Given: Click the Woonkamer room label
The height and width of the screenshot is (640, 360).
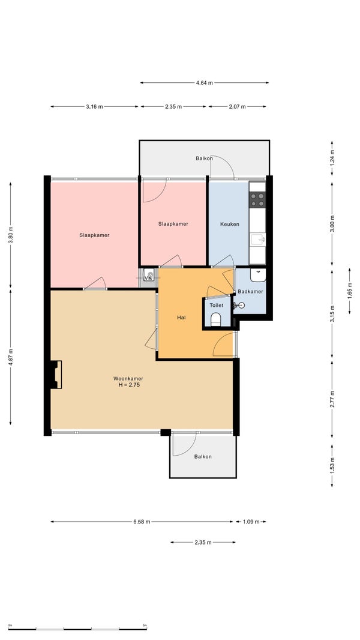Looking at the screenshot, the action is point(128,378).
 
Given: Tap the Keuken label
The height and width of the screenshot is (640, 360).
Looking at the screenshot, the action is point(230,224).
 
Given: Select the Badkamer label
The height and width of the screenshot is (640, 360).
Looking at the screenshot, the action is point(250,291).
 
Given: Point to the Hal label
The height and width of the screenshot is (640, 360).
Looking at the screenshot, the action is point(181,317).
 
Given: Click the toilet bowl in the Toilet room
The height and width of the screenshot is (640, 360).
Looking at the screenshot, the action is point(216,319).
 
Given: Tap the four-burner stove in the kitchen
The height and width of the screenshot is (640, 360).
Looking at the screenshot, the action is point(257,199).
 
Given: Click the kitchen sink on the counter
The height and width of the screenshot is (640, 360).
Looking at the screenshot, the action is point(257,239).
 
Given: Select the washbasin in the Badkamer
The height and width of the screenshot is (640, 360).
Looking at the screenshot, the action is point(258,275).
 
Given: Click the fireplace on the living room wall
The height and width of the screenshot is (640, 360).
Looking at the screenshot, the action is point(56,374).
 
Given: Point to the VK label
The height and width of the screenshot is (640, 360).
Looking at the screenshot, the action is point(148,278).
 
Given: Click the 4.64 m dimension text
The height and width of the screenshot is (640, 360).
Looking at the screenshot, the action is point(204,83).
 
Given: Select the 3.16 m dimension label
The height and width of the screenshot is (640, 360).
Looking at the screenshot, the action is point(94,107).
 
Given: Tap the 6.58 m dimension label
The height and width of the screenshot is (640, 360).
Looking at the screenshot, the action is point(142,522).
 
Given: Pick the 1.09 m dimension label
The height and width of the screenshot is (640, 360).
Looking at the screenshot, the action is point(251,522).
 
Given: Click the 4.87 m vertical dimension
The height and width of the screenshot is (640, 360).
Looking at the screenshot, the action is point(11,357).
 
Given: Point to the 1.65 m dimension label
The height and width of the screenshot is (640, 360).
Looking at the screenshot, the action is point(349,291).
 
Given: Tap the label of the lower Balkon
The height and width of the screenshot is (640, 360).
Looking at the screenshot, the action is point(203,457).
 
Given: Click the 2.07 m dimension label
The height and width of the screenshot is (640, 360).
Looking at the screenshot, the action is point(237,107).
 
